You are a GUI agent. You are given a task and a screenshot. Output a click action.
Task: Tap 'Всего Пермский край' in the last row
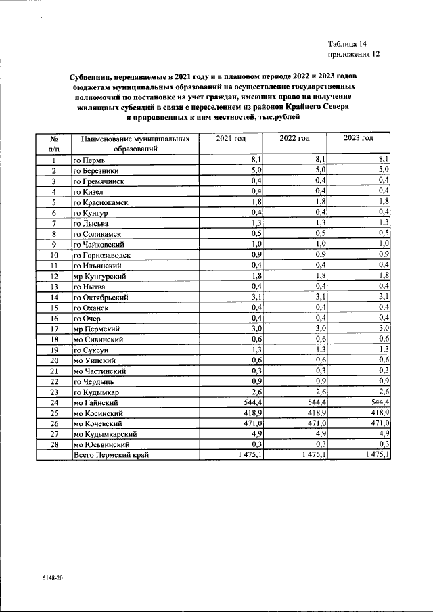pos(110,455)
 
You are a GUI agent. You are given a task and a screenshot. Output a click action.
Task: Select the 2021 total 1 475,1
pos(247,455)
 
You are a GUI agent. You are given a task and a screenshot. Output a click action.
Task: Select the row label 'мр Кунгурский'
pos(99,276)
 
